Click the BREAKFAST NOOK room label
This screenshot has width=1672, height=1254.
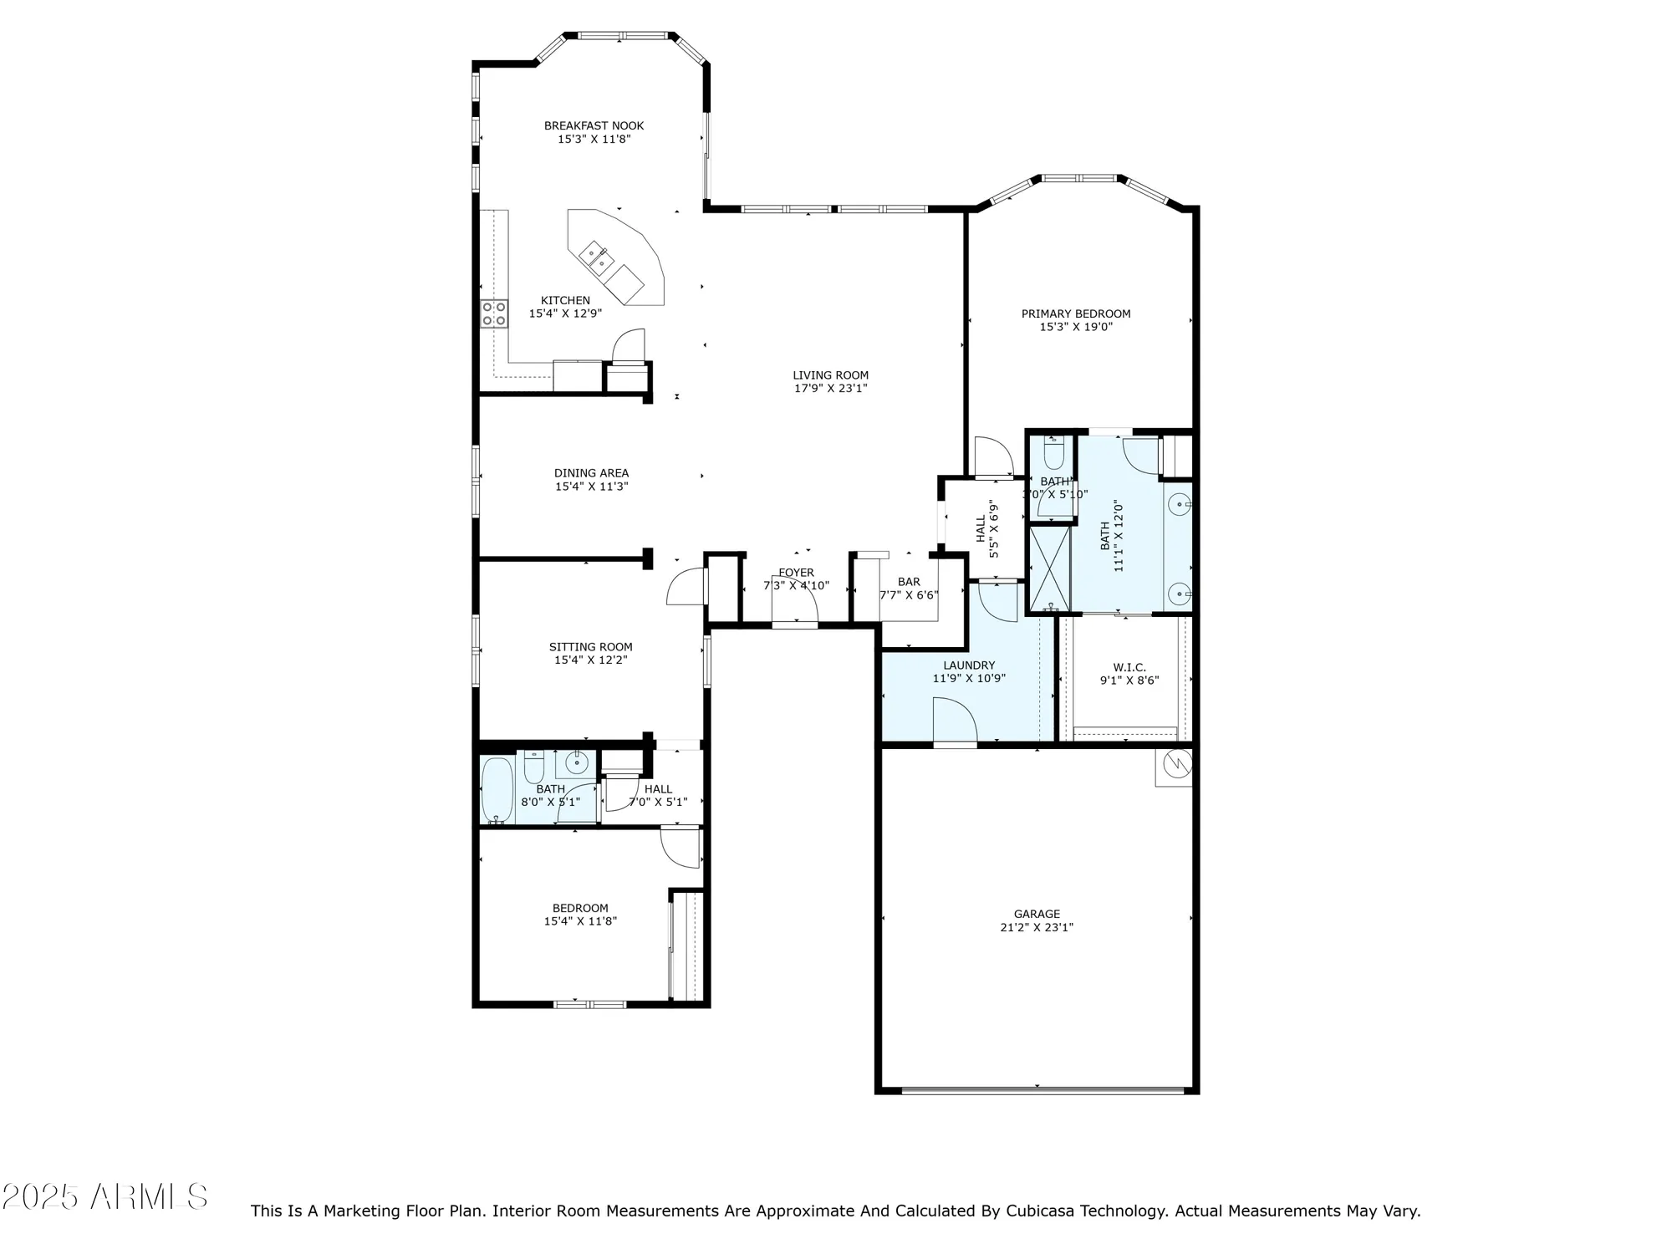(594, 126)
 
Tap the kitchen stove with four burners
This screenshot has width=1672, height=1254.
(493, 313)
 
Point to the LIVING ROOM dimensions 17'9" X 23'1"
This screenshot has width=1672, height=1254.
(830, 389)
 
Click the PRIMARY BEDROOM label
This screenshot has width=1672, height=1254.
(1075, 314)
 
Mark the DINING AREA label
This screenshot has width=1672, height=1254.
(591, 473)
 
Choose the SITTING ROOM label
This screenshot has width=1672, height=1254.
(590, 647)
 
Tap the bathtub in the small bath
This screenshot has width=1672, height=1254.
(497, 790)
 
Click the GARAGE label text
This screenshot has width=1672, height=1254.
(1037, 915)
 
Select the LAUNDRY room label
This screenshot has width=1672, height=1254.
(969, 665)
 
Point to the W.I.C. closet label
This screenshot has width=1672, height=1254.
(1129, 667)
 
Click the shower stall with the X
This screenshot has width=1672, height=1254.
(1049, 568)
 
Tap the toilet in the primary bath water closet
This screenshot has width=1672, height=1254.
(1053, 454)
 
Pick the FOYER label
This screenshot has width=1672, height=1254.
(796, 573)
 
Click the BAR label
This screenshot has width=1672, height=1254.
(909, 582)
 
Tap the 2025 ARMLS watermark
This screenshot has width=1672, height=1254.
(104, 1197)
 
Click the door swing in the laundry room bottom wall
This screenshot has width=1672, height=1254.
(955, 721)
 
